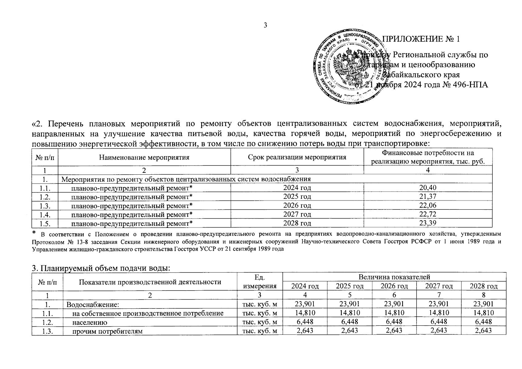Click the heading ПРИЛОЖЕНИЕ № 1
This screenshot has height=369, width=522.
[x=421, y=39]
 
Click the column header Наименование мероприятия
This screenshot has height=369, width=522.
[x=144, y=157]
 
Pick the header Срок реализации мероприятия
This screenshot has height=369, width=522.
[x=297, y=157]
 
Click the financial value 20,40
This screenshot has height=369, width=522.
[x=428, y=188]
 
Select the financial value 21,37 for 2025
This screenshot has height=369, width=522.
[x=428, y=196]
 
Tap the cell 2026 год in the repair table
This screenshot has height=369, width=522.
[x=297, y=205]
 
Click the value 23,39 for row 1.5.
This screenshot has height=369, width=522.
[x=428, y=223]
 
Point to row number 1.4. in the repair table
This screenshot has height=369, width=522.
[x=45, y=214]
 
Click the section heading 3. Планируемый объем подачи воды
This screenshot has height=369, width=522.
[x=101, y=268]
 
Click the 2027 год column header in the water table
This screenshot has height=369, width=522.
[x=439, y=286]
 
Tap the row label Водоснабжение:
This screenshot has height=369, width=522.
[x=93, y=304]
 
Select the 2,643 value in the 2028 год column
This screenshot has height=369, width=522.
[x=484, y=331]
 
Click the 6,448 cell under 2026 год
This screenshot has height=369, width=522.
[x=394, y=322]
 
